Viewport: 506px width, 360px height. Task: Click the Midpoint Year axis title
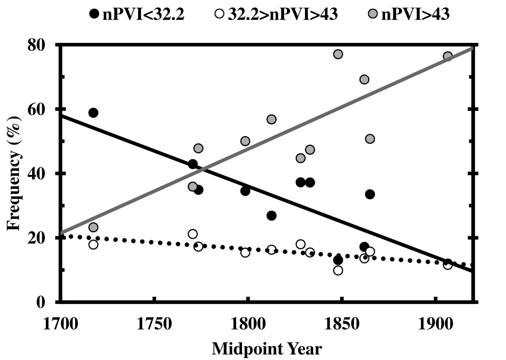(267, 349)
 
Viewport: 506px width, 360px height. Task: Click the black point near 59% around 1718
(93, 113)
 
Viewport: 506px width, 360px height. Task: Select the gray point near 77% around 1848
(338, 54)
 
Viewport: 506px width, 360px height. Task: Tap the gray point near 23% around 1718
(93, 227)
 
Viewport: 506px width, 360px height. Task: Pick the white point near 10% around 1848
(338, 270)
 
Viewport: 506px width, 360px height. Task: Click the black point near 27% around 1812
(271, 216)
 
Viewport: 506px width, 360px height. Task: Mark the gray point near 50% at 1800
(245, 141)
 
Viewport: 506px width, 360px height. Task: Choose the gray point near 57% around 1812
(271, 120)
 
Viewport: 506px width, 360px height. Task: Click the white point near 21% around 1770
(193, 234)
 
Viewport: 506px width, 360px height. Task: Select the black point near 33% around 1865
(370, 194)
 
